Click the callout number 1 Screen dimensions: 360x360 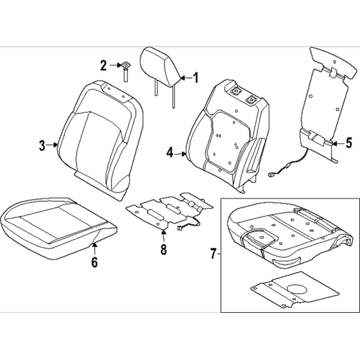[196, 77]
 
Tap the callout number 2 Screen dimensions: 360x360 [103, 65]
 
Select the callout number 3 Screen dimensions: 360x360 [41, 146]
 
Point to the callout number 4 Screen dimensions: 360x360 [170, 151]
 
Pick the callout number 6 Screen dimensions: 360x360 [94, 264]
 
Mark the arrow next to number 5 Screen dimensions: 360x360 [335, 143]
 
